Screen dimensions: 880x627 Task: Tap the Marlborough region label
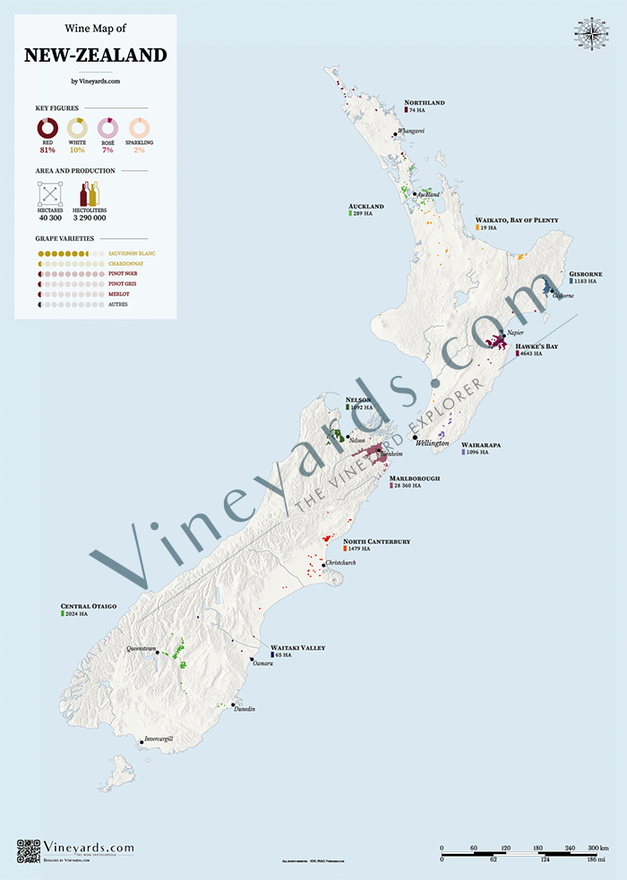(415, 479)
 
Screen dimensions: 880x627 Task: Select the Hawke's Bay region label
(537, 346)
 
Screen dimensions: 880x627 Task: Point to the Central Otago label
(89, 606)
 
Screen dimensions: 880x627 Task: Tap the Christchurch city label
(340, 562)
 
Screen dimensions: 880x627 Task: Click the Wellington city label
(433, 443)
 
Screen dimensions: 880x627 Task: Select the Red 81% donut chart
(47, 128)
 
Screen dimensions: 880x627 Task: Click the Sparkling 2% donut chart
(139, 128)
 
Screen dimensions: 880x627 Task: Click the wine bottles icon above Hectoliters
(90, 192)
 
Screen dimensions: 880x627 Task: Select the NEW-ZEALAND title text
(95, 56)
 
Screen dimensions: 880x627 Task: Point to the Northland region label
(425, 103)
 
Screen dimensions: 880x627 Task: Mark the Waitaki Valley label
(297, 647)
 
